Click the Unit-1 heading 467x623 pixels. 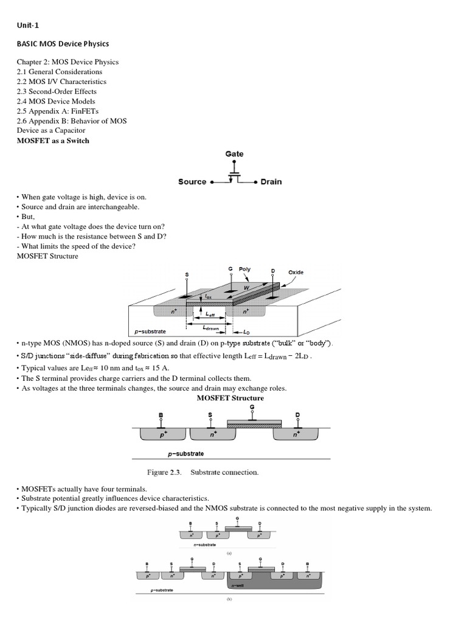pyautogui.click(x=28, y=26)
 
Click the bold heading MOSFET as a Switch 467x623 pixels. pyautogui.click(x=53, y=141)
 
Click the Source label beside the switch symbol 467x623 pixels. pyautogui.click(x=192, y=182)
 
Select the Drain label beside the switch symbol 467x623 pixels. pyautogui.click(x=271, y=182)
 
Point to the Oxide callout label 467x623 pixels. pyautogui.click(x=296, y=272)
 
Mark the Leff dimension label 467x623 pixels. pyautogui.click(x=210, y=315)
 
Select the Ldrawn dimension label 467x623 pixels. pyautogui.click(x=210, y=327)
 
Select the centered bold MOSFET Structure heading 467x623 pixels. pyautogui.click(x=230, y=398)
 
